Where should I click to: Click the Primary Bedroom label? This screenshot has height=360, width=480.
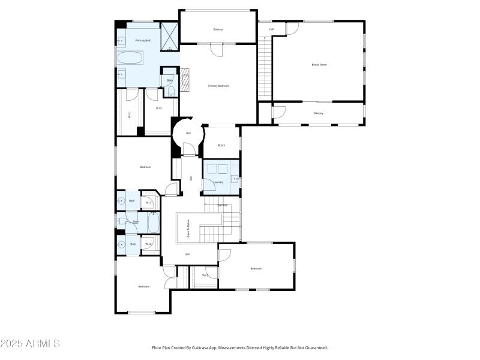point(218,86)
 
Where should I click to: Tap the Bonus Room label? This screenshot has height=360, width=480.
point(319,64)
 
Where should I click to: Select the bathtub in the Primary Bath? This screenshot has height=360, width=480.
point(130,59)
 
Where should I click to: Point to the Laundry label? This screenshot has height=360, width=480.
point(218,182)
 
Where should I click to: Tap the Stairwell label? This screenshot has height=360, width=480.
point(222,205)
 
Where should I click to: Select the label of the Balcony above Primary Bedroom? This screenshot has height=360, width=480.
point(218,29)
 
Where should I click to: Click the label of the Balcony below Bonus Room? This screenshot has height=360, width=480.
point(318,113)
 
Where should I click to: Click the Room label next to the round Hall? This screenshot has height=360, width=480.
point(221,145)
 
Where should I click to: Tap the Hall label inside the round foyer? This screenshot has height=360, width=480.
point(188,133)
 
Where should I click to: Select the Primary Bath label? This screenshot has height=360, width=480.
point(143,40)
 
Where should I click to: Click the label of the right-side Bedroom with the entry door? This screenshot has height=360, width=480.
point(256,268)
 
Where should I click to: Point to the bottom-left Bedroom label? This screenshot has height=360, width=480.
point(143,286)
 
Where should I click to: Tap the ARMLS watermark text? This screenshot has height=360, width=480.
point(30,344)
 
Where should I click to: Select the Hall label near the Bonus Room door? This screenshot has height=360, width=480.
point(271,29)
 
